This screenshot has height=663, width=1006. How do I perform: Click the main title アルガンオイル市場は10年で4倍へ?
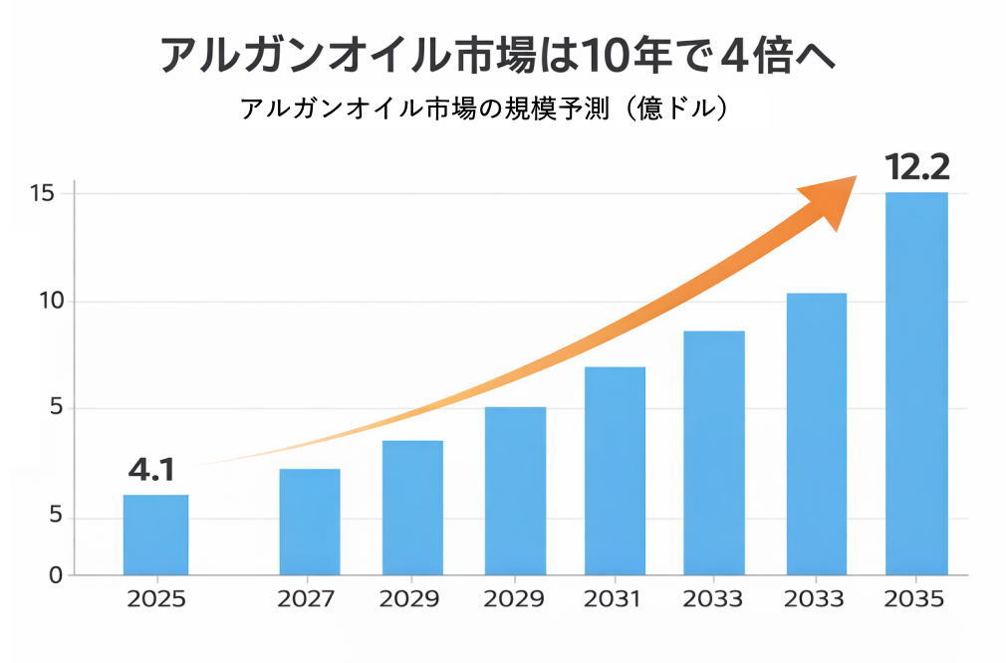click(x=497, y=54)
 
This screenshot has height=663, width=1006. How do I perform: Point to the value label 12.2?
click(x=916, y=167)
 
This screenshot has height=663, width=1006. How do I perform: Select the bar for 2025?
click(x=155, y=535)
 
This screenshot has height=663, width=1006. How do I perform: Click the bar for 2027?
click(x=309, y=522)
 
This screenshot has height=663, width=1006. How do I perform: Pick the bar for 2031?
click(x=615, y=471)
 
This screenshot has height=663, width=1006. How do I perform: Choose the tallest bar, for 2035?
click(x=916, y=383)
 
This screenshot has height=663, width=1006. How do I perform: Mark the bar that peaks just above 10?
click(x=816, y=434)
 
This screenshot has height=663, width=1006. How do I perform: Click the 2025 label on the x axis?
click(x=155, y=599)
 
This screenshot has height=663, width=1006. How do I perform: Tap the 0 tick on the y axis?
click(x=56, y=575)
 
